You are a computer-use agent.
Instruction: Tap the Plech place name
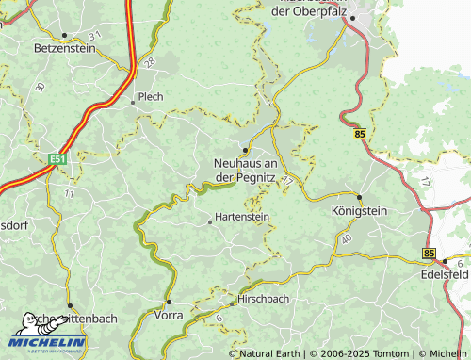pos(151,96)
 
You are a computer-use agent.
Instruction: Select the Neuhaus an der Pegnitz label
pos(244,170)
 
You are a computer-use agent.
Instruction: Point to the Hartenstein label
pos(242,216)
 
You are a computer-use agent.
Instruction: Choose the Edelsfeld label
pos(445,274)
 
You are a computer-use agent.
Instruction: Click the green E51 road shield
pos(58,160)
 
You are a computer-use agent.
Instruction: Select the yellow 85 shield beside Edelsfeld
pos(430,254)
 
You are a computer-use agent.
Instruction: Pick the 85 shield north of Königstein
pos(361,136)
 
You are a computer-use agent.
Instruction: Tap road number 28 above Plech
pos(150,62)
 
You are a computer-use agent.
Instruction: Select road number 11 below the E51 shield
pos(69,192)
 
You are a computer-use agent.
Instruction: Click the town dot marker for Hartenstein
pos(210,222)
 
